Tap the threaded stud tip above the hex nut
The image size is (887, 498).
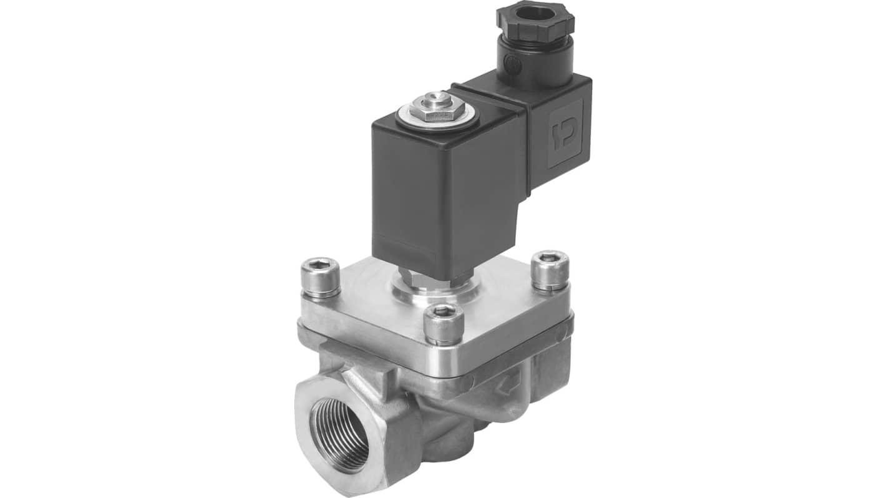(x=437, y=98)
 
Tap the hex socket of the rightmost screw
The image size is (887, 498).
(x=550, y=256)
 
